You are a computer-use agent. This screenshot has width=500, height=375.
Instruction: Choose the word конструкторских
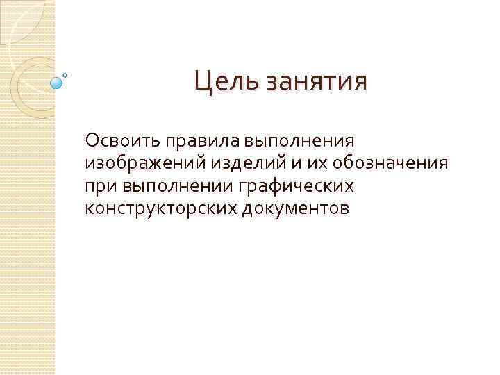pyautogui.click(x=162, y=208)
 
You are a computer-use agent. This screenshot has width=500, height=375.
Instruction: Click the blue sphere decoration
pyautogui.click(x=57, y=83)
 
